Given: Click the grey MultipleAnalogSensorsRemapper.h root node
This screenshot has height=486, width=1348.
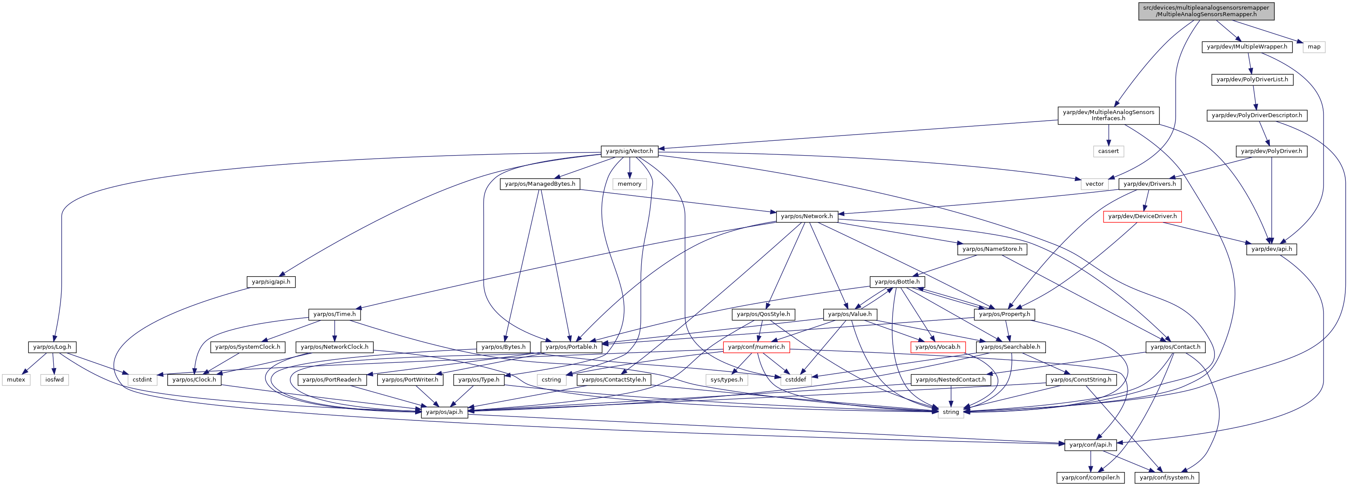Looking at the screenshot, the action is (1206, 11).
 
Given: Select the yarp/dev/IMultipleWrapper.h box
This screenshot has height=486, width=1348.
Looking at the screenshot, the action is (1246, 47).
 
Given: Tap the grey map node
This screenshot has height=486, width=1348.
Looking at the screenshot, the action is (1314, 47).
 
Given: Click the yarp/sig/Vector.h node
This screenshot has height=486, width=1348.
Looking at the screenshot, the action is (629, 151).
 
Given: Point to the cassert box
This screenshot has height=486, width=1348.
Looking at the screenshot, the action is (1108, 151).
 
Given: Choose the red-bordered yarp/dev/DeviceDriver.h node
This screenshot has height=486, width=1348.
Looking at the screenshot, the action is (1142, 216).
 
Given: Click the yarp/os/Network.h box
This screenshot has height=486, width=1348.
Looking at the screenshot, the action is (806, 216).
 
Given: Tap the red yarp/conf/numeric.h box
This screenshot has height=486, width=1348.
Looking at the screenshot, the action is (756, 347).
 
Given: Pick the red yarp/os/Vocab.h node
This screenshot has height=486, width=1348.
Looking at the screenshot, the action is (938, 347).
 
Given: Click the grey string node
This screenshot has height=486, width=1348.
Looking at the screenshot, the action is (950, 412).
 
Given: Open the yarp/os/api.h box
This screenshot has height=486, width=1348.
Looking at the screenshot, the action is (444, 412).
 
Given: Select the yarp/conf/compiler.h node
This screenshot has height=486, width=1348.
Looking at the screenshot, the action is (1090, 478).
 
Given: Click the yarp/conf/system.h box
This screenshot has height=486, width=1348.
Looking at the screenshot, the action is (1167, 478).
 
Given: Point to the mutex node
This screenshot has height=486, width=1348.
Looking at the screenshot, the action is (16, 380).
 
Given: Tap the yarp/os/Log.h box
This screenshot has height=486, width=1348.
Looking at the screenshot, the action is (52, 347).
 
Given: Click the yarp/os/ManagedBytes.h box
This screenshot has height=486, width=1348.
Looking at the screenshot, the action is (540, 184).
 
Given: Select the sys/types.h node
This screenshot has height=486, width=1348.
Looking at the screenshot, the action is (726, 380).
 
